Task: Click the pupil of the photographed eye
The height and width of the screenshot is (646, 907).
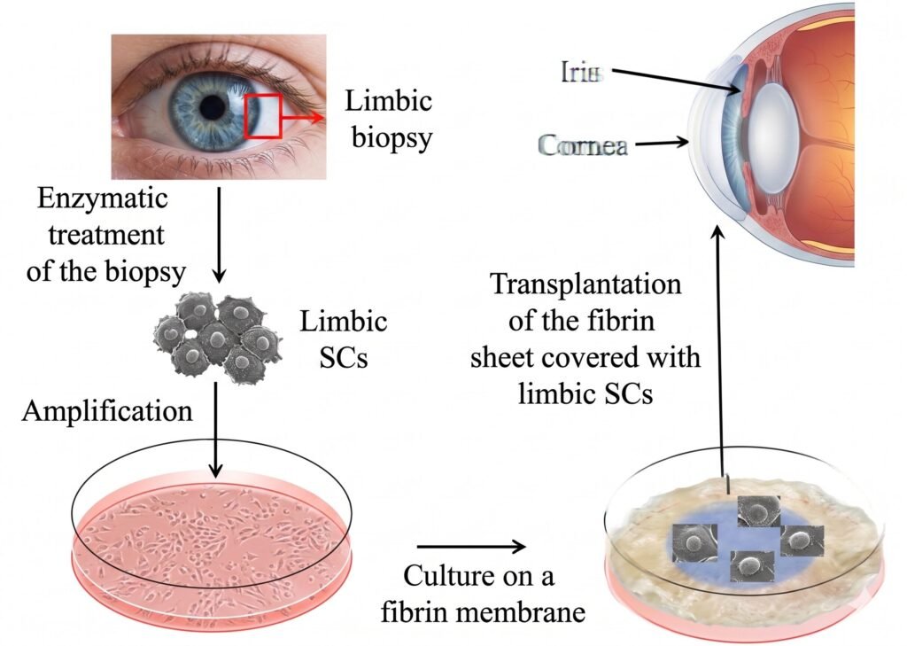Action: click(x=213, y=107)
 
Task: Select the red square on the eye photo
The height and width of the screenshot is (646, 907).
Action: click(x=262, y=116)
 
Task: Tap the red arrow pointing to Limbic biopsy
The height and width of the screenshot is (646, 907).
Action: click(x=301, y=118)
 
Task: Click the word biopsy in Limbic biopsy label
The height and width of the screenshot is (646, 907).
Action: click(x=392, y=138)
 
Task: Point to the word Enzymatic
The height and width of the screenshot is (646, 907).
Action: click(x=103, y=198)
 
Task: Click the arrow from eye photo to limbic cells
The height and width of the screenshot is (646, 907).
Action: click(x=219, y=235)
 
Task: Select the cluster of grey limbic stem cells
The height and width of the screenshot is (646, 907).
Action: click(x=218, y=338)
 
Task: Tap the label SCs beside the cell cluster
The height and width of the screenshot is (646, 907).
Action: click(x=344, y=358)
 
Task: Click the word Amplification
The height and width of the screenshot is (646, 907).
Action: click(x=107, y=411)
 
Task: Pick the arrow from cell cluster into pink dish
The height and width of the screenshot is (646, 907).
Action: click(x=215, y=430)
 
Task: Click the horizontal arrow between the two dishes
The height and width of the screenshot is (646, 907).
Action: click(x=471, y=546)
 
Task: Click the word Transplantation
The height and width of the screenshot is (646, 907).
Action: click(x=585, y=284)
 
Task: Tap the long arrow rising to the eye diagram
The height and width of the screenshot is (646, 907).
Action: click(x=718, y=352)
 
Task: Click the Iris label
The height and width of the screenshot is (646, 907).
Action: click(x=582, y=72)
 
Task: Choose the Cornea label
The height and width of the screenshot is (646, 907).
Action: click(x=583, y=145)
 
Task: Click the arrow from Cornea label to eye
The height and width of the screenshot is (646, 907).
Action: click(x=662, y=143)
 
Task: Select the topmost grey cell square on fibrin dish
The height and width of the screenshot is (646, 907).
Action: click(x=759, y=511)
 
